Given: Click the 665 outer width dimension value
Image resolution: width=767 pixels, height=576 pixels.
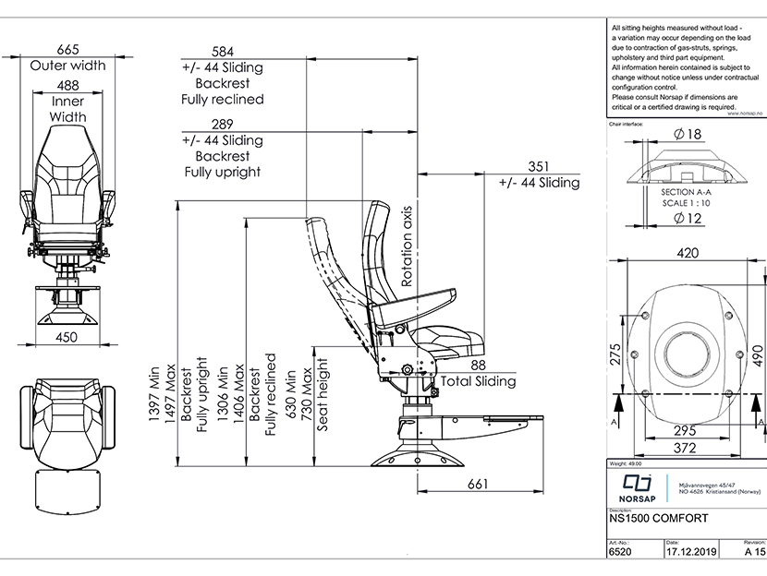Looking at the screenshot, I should tap(67, 49).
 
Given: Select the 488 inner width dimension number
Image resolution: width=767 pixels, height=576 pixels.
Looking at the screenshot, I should tap(68, 85).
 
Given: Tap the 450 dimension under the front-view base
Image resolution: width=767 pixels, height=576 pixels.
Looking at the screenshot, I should tap(67, 338).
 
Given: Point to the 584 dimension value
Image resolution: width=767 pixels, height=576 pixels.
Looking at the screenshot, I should tap(223, 51).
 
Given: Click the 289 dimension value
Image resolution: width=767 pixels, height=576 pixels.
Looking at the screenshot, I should tap(223, 124).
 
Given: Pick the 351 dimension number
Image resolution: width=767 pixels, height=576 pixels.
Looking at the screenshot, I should tap(539, 166).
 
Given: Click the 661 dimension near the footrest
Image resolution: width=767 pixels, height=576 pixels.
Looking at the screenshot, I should tap(477, 484).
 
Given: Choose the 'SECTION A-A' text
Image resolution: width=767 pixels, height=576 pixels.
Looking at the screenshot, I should tap(685, 192).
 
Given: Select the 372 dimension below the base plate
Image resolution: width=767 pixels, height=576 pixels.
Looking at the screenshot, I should tap(686, 448).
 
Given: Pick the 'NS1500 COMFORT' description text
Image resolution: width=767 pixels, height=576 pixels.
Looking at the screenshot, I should tap(659, 519).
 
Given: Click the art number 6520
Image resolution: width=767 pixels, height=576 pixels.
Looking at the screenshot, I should tap(621, 552).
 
